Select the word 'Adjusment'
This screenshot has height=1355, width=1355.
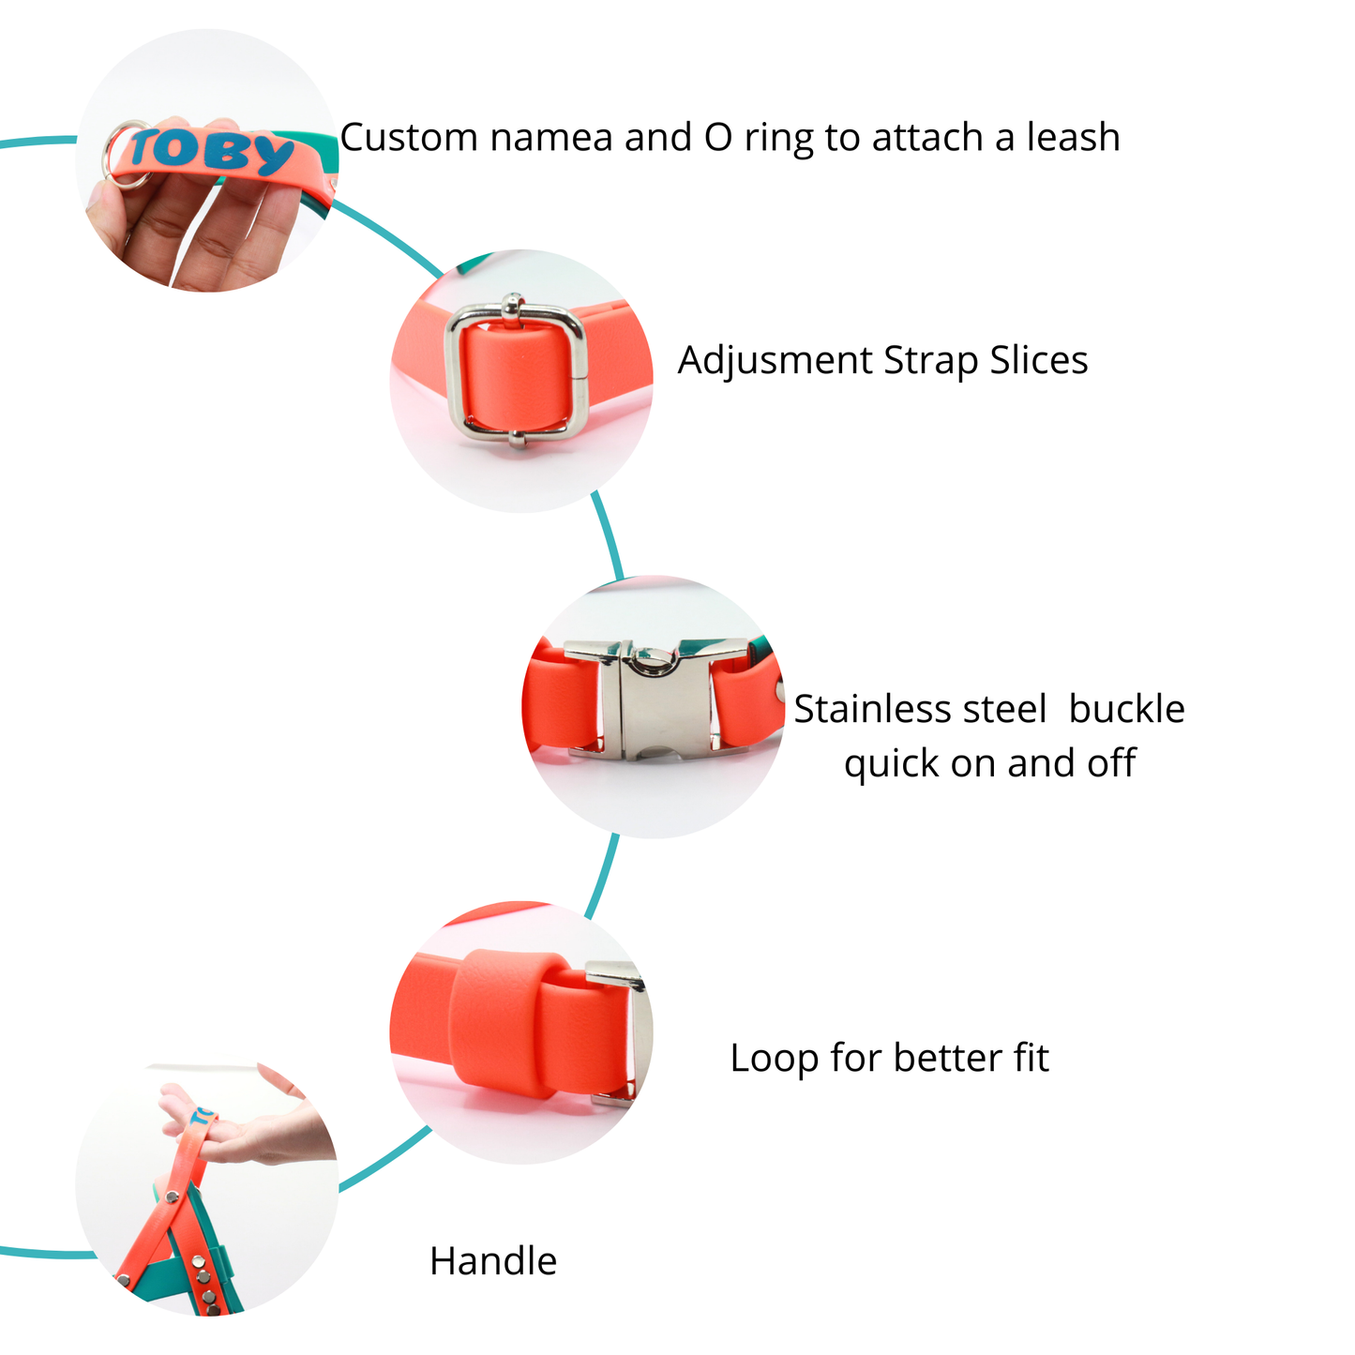(775, 361)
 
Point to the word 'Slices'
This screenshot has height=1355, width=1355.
(1038, 360)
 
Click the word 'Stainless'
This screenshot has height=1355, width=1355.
(919, 709)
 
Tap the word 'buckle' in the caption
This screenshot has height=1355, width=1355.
(1126, 709)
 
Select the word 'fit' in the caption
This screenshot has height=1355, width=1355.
(1031, 1058)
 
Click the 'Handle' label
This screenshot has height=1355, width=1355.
(493, 1261)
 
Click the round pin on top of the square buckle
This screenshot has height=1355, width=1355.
(512, 304)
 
